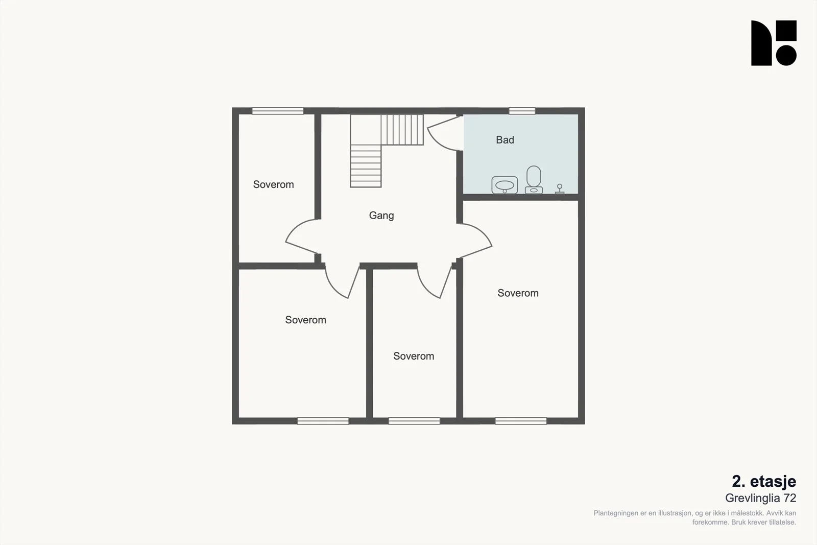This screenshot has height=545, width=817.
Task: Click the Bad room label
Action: click(x=505, y=140)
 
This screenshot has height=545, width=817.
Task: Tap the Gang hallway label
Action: click(x=381, y=216)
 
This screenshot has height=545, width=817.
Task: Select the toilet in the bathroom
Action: click(x=534, y=179)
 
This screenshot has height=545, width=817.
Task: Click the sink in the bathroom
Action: click(x=505, y=185)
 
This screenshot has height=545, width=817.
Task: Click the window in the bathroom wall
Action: click(x=522, y=111)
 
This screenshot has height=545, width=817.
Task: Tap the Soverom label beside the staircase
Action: click(x=273, y=184)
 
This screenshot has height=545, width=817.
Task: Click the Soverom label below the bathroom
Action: click(x=518, y=293)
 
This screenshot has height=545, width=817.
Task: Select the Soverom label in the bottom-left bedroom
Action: click(x=305, y=320)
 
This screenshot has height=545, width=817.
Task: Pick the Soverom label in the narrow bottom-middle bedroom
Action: click(x=414, y=356)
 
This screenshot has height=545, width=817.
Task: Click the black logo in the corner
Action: click(x=774, y=43)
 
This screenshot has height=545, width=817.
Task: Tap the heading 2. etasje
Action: click(x=764, y=482)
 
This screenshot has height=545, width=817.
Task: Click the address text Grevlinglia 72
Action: click(x=760, y=498)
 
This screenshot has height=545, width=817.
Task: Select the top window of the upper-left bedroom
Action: click(x=278, y=111)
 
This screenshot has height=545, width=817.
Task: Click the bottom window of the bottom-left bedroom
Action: click(x=323, y=421)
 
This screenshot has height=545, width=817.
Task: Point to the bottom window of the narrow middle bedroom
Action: click(x=414, y=421)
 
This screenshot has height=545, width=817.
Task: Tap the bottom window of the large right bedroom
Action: click(x=520, y=421)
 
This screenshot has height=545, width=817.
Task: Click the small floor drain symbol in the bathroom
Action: click(x=560, y=189)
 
